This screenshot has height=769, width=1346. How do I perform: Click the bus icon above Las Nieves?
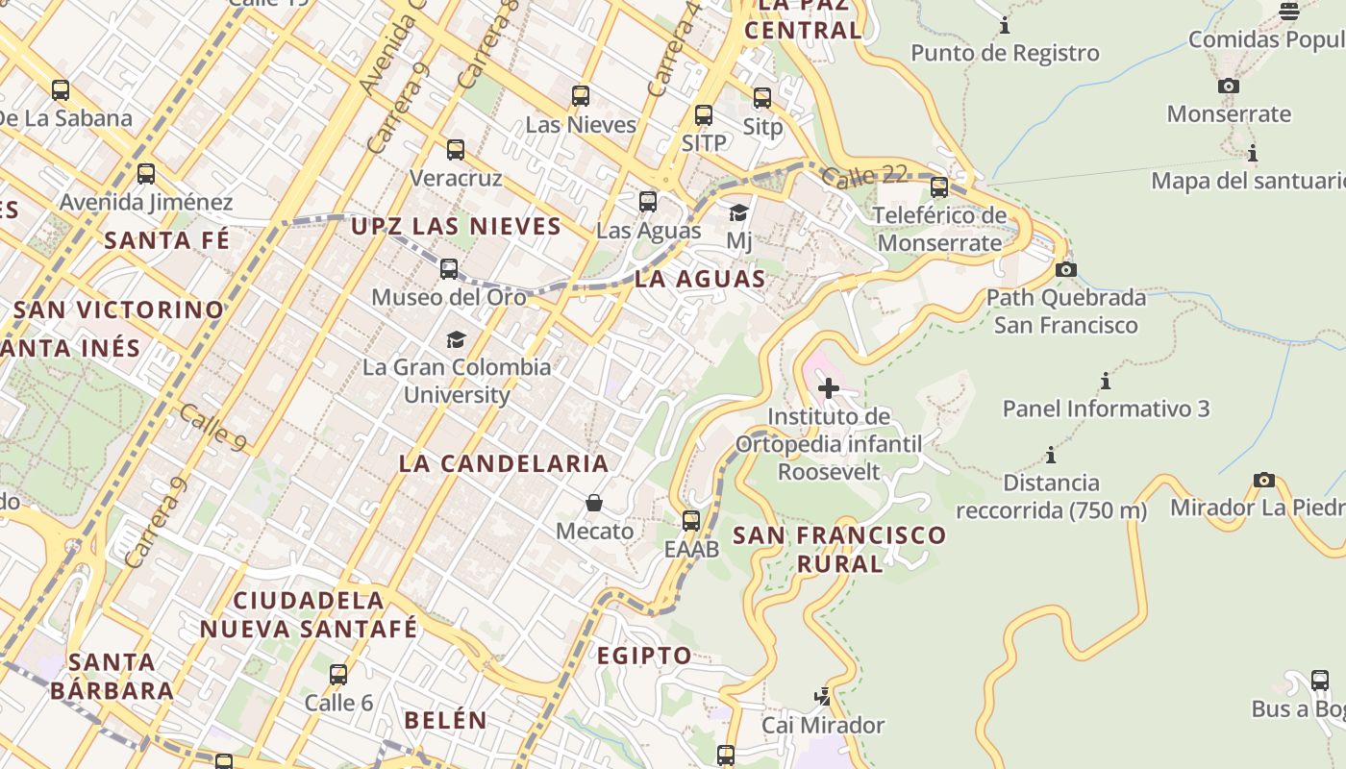pyautogui.click(x=580, y=96)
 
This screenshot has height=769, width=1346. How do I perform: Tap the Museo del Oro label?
pyautogui.click(x=449, y=297)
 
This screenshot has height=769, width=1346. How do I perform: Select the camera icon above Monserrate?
pyautogui.click(x=1228, y=87)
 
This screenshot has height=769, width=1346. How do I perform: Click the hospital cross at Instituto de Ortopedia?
pyautogui.click(x=828, y=388)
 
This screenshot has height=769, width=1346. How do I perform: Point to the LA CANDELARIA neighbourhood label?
pyautogui.click(x=504, y=463)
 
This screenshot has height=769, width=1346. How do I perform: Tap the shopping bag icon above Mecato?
pyautogui.click(x=594, y=503)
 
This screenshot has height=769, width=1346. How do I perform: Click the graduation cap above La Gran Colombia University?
pyautogui.click(x=456, y=339)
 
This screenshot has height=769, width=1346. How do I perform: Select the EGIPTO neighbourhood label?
pyautogui.click(x=644, y=656)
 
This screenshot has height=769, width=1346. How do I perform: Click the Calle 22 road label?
pyautogui.click(x=865, y=176)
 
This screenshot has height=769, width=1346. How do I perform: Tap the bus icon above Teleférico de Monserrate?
pyautogui.click(x=939, y=187)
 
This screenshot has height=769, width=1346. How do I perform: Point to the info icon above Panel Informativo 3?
pyautogui.click(x=1106, y=382)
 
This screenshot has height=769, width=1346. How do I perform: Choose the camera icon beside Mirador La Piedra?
pyautogui.click(x=1264, y=480)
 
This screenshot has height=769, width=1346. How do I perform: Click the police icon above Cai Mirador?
pyautogui.click(x=822, y=696)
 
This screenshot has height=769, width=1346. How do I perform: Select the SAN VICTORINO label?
pyautogui.click(x=119, y=310)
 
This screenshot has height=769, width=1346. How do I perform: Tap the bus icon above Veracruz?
pyautogui.click(x=456, y=150)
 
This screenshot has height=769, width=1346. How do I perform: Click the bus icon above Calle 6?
pyautogui.click(x=338, y=675)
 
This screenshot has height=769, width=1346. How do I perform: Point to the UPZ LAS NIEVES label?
pyautogui.click(x=456, y=227)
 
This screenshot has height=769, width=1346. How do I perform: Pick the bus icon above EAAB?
pyautogui.click(x=691, y=521)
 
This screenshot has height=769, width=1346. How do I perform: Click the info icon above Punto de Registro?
pyautogui.click(x=1005, y=25)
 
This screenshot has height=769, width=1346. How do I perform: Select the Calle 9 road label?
pyautogui.click(x=212, y=427)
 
